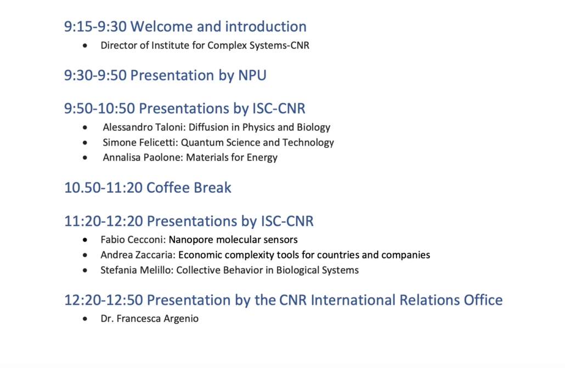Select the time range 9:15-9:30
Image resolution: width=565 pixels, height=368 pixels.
point(95,27)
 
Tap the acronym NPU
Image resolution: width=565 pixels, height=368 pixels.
point(252,75)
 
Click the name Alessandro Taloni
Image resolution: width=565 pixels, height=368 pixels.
point(144,127)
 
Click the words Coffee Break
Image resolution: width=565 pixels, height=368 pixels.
point(189,188)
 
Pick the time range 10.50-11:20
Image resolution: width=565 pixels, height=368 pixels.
point(104,188)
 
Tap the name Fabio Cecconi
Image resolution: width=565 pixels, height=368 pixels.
point(133,239)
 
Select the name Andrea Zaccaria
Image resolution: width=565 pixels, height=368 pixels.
point(138,255)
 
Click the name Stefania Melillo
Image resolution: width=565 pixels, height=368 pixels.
point(136,270)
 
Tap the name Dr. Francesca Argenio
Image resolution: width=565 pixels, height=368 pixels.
point(150,319)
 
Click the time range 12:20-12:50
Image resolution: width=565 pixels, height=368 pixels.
point(104,300)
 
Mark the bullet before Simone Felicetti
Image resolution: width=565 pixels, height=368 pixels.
point(85,143)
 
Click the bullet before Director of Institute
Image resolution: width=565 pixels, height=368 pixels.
point(85,45)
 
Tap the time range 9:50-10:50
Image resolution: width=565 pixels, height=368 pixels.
point(99,108)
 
